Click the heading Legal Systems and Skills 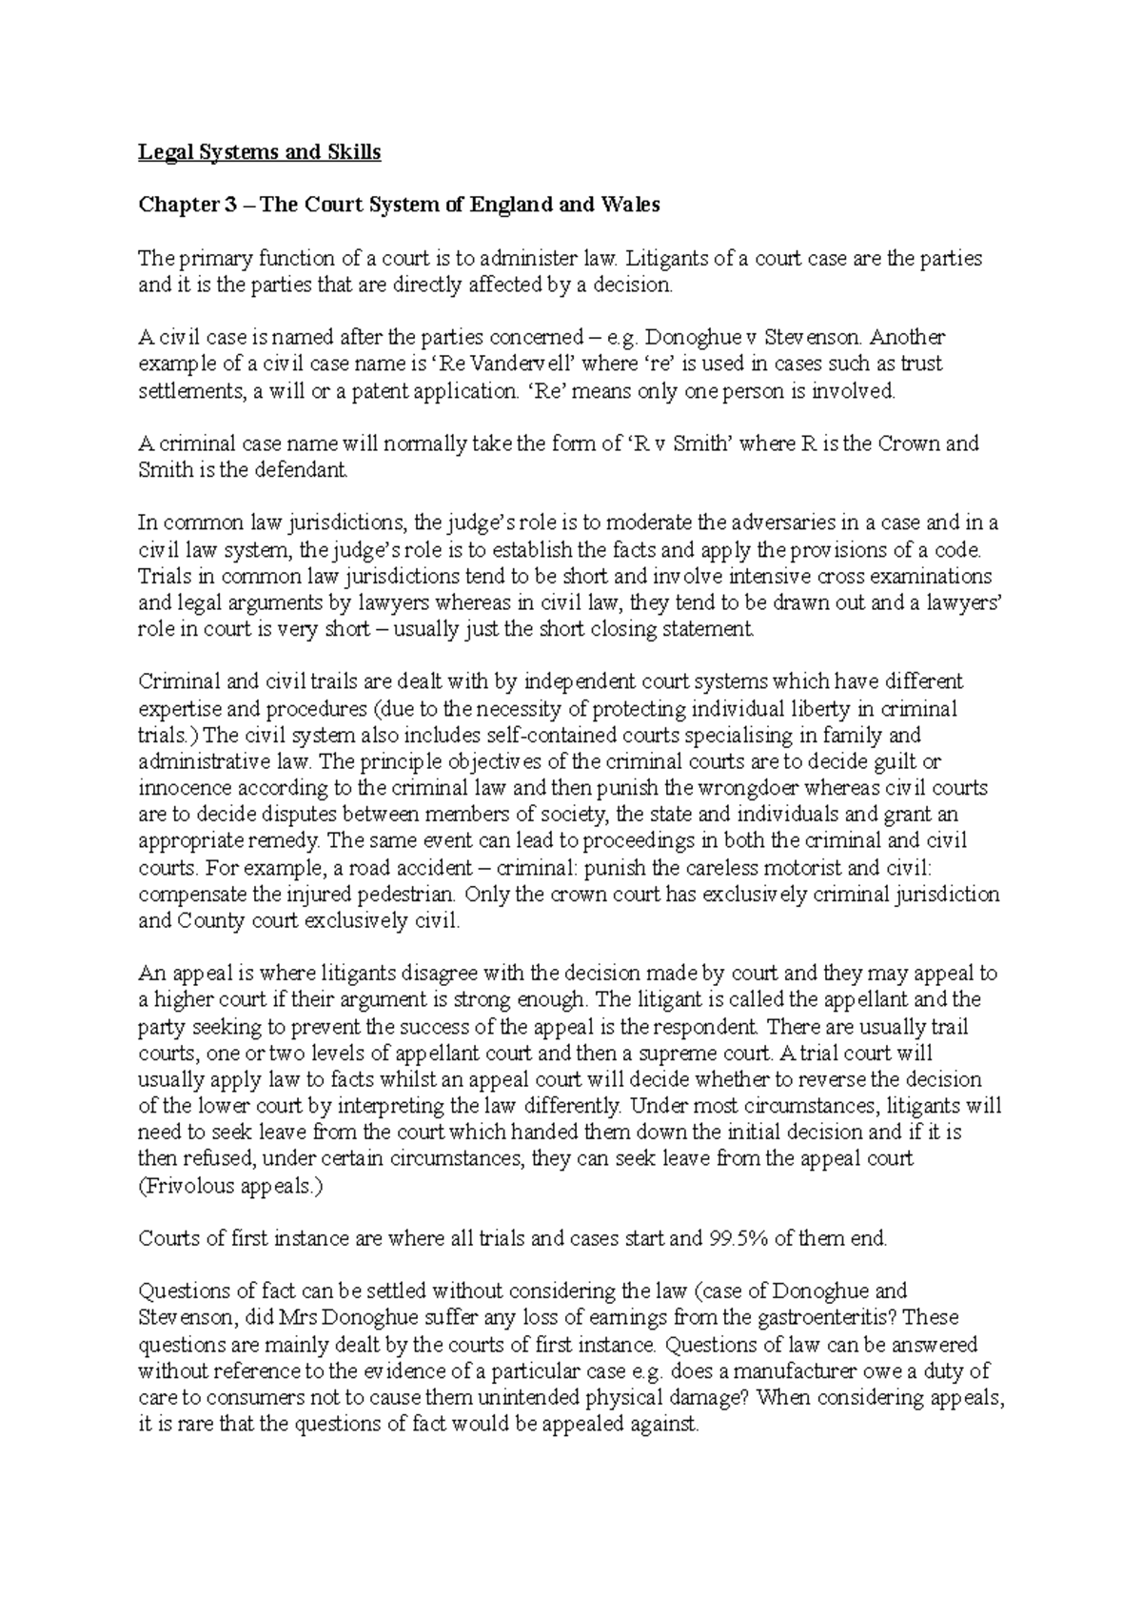pos(259,152)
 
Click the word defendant pos(303,470)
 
